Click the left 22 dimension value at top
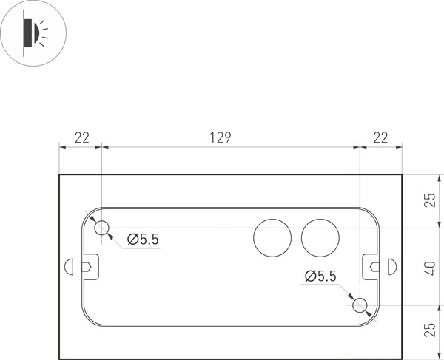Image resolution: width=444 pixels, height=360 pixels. (x=81, y=137)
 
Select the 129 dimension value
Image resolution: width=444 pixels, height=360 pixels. (x=221, y=137)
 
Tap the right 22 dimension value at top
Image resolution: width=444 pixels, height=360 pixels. (x=380, y=137)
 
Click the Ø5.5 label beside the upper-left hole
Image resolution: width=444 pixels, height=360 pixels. (x=143, y=239)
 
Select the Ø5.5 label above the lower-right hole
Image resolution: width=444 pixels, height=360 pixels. (x=320, y=276)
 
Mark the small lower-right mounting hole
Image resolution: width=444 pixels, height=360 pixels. (x=360, y=305)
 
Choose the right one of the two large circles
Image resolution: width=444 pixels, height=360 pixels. (x=320, y=237)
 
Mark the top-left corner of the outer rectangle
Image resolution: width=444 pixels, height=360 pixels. (x=59, y=174)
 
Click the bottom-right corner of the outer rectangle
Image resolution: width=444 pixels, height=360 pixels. (x=402, y=356)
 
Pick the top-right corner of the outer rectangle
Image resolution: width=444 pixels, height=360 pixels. (x=402, y=174)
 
